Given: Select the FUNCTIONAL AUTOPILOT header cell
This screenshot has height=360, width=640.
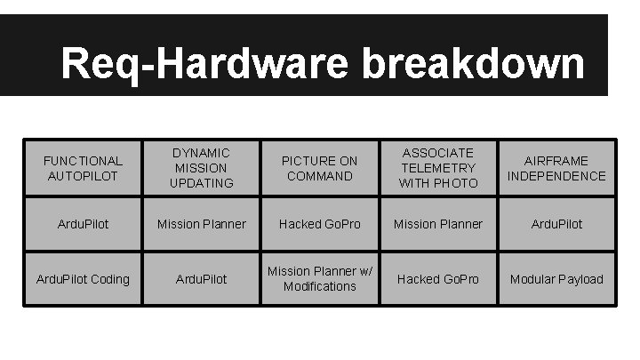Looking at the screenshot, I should tap(83, 168).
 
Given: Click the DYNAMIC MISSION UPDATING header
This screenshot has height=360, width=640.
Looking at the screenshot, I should tap(201, 168).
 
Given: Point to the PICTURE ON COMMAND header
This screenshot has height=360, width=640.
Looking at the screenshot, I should tap(320, 168).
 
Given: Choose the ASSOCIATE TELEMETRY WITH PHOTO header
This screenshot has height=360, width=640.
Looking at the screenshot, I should tap(438, 168).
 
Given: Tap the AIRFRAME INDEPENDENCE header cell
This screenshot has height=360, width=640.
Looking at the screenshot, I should tap(556, 168).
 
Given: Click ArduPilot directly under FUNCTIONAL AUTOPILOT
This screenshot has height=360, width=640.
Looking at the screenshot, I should tap(83, 224).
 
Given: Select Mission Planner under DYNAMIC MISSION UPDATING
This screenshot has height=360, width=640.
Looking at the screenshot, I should tap(201, 224).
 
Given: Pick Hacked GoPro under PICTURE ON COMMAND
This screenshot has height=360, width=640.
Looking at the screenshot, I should tap(320, 224).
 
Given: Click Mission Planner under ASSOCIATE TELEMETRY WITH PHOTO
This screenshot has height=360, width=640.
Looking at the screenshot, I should tap(438, 224).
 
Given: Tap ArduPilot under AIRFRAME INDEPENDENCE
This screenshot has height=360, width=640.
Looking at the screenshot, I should tap(556, 224).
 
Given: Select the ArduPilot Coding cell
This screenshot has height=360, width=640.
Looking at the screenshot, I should tap(83, 279).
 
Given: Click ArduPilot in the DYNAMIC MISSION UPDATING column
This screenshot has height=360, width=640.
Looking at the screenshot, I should tap(201, 279).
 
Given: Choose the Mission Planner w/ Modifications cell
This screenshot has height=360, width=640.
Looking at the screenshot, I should tap(320, 279).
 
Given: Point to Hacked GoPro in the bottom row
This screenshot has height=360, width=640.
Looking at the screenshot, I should tap(438, 279).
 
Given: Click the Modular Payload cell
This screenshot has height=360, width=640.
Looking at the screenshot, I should tap(556, 279).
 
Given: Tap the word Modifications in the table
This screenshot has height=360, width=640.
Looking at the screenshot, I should tap(320, 286).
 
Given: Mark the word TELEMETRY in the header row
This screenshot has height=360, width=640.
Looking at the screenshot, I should tap(438, 168).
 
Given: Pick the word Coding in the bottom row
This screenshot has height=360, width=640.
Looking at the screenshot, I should tap(109, 279).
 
